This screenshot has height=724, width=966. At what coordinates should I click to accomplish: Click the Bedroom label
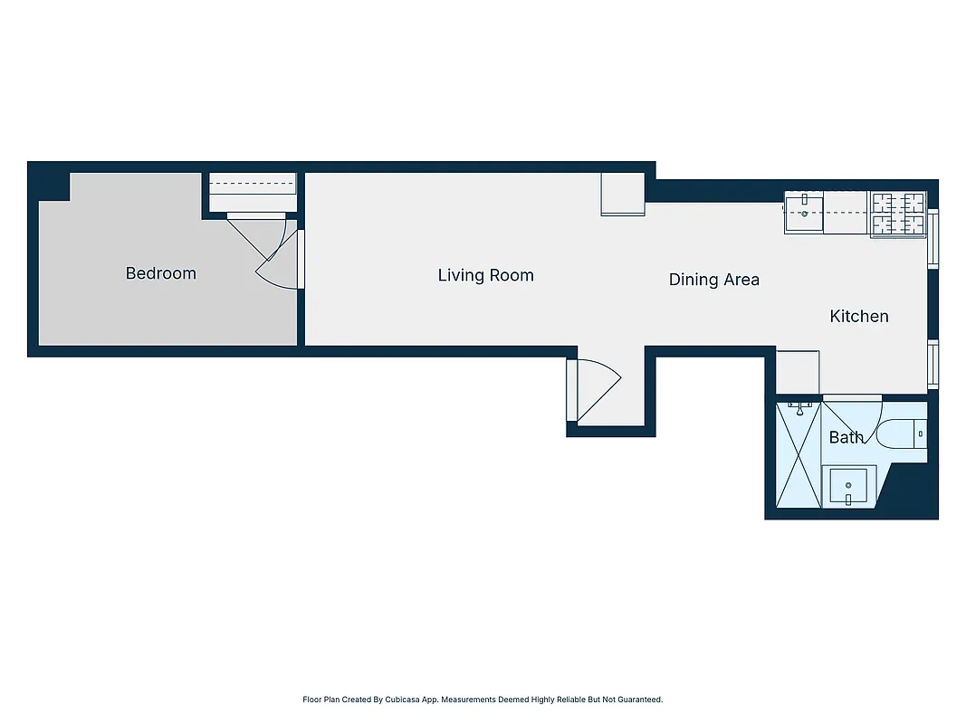(x=160, y=273)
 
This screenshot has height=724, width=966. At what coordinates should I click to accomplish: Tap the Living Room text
(x=485, y=275)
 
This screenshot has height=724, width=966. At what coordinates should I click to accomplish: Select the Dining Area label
(x=713, y=280)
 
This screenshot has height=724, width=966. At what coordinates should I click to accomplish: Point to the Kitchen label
(x=859, y=316)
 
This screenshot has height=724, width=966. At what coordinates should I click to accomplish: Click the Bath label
(x=846, y=438)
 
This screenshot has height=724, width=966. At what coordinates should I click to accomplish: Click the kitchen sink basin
(x=804, y=214)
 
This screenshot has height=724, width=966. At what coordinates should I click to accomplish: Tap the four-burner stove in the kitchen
(x=898, y=214)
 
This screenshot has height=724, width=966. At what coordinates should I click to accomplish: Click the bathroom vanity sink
(x=848, y=487)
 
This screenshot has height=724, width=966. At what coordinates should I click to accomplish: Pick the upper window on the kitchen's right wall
(x=933, y=237)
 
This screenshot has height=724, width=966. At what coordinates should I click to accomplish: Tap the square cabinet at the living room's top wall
(x=623, y=195)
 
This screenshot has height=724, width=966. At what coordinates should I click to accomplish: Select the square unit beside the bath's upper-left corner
(x=798, y=371)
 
